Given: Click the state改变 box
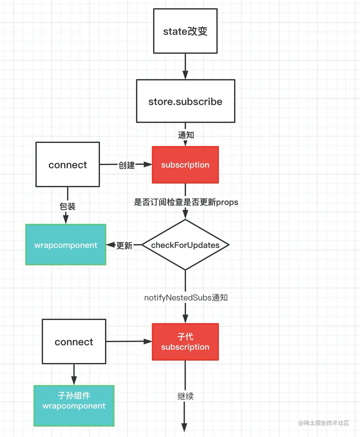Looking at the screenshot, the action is point(185,31).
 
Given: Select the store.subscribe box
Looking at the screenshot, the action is point(186,101).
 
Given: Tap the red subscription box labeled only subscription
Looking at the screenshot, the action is point(185,165).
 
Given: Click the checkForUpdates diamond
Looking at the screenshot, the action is point(185,245).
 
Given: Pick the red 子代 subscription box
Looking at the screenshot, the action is point(185,342).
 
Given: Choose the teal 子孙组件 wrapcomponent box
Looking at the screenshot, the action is point(74,406).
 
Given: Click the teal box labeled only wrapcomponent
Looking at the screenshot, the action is point(66,245).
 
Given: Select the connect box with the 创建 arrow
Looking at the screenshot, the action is point(68,164).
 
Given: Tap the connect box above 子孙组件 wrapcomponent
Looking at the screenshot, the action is point(74,342).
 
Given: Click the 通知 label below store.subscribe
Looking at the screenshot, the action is point(186,135).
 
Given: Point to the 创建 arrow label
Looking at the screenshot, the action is point(127,165).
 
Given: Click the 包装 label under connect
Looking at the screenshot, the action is point(67,206).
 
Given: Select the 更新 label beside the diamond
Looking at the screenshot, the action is point(124,245).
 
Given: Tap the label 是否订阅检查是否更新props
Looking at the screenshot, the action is point(186,202).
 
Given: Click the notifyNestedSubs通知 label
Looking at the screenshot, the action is point(186,298).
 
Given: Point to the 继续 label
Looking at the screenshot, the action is point(186,396).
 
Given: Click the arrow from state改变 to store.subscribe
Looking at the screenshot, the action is point(185,66).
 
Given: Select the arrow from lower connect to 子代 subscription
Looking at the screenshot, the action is point(129,342).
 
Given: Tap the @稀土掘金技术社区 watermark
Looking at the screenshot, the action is point(324,423).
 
